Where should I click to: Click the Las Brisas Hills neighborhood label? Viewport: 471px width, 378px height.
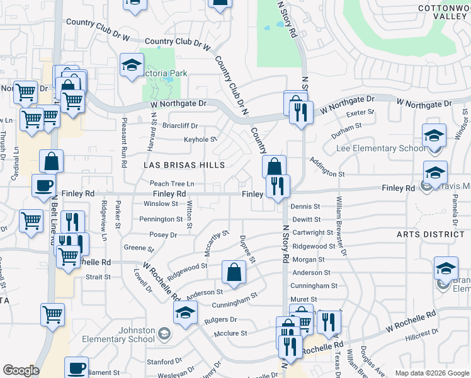(184, 165)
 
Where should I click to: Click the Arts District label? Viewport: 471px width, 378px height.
(430, 234)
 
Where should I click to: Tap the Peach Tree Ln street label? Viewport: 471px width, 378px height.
(171, 183)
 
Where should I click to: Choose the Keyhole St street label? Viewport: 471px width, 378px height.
(200, 139)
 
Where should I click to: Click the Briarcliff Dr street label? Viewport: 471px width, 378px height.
(181, 125)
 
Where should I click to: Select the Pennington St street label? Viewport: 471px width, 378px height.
(161, 219)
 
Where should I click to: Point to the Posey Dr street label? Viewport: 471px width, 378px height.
(163, 234)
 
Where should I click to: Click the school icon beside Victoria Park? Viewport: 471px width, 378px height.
(132, 66)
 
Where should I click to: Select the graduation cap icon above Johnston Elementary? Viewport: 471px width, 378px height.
(185, 312)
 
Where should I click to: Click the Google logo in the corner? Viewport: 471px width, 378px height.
(20, 370)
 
